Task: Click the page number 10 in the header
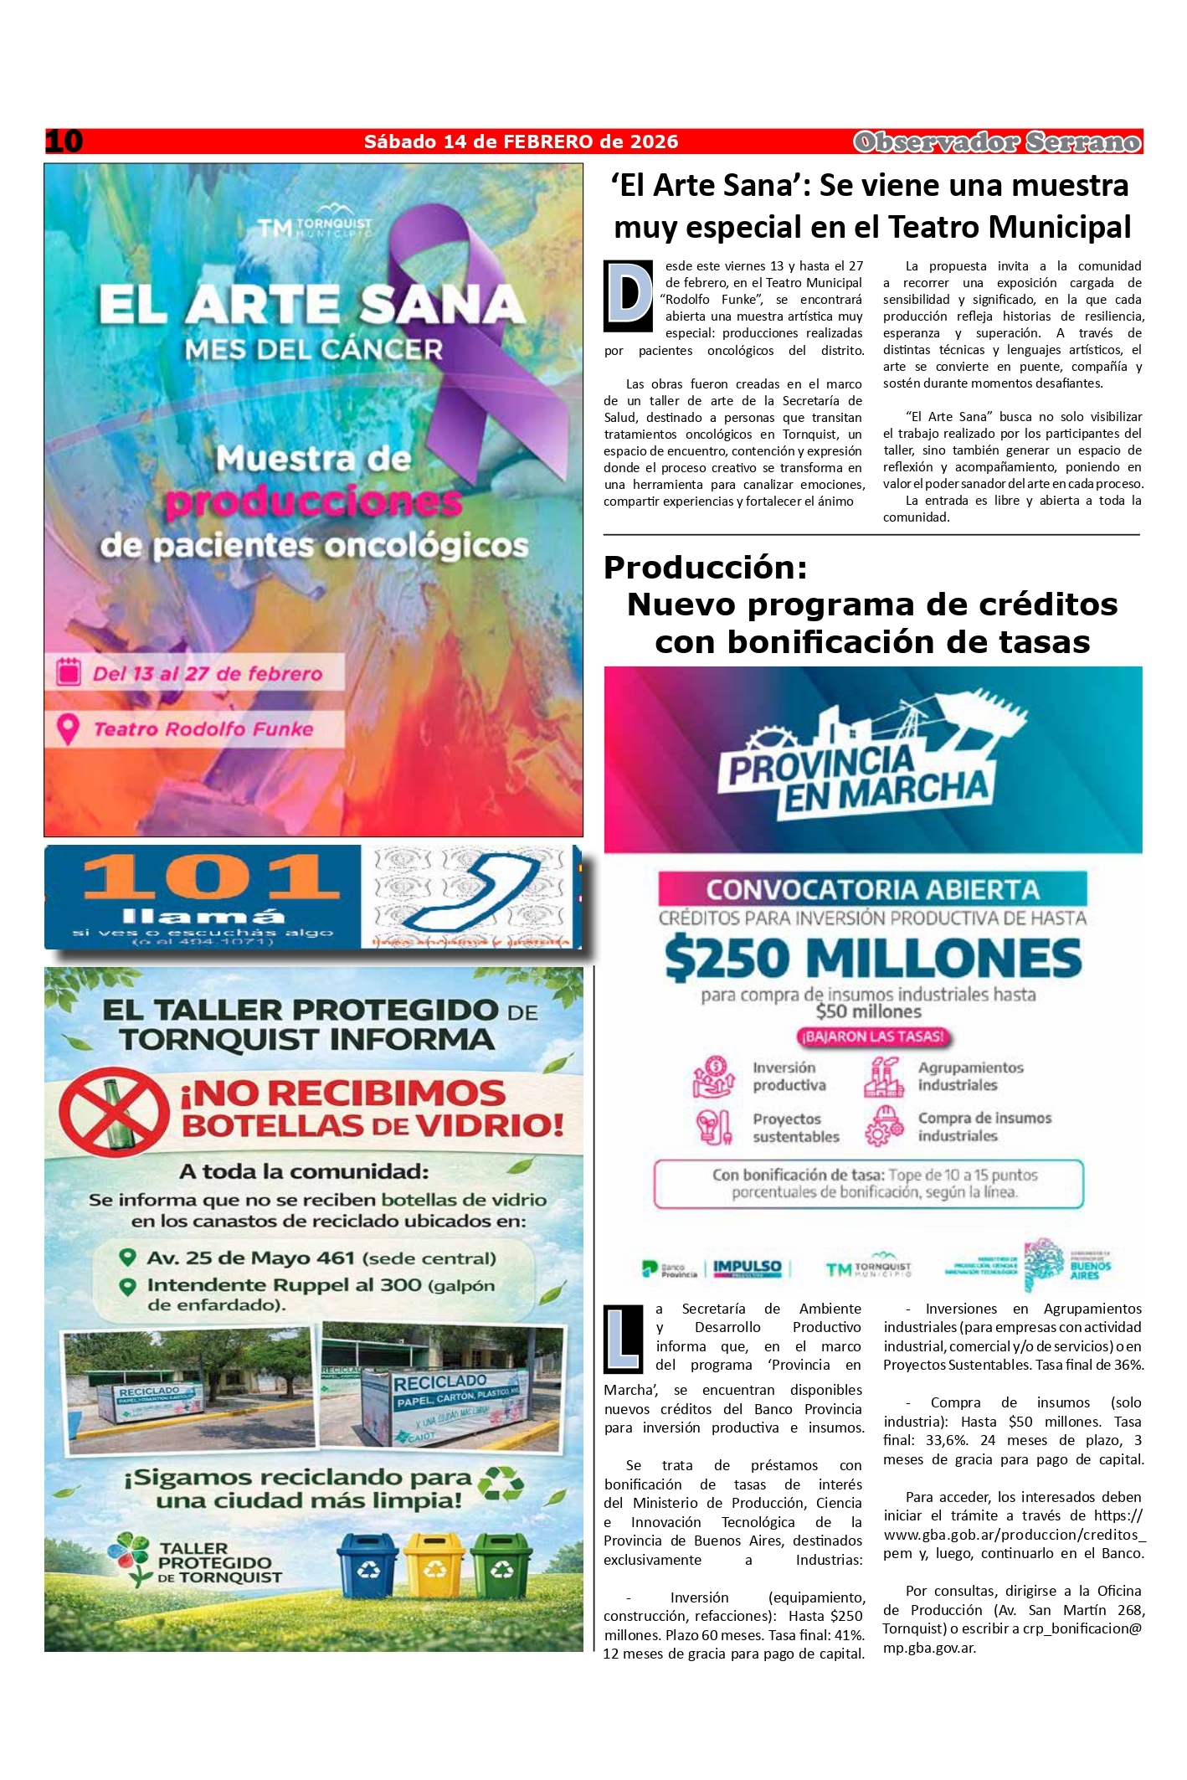(64, 141)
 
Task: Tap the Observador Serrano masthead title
(997, 142)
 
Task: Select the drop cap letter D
(628, 296)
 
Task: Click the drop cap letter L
(624, 1338)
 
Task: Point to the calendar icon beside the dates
(68, 672)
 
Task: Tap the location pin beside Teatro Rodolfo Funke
(67, 729)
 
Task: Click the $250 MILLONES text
(872, 959)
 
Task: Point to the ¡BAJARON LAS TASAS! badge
(872, 1037)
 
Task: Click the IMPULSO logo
(747, 1268)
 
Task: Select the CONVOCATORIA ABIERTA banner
(872, 889)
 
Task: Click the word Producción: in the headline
(705, 568)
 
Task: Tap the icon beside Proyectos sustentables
(714, 1127)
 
